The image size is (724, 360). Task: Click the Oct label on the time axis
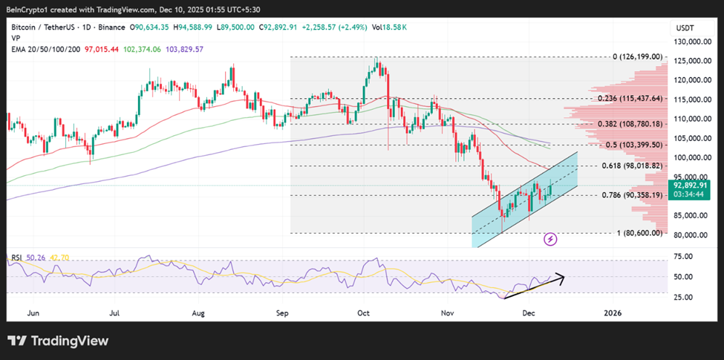[363, 313]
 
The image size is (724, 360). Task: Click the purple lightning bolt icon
[550, 239]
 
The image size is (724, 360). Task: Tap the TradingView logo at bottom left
[58, 341]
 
